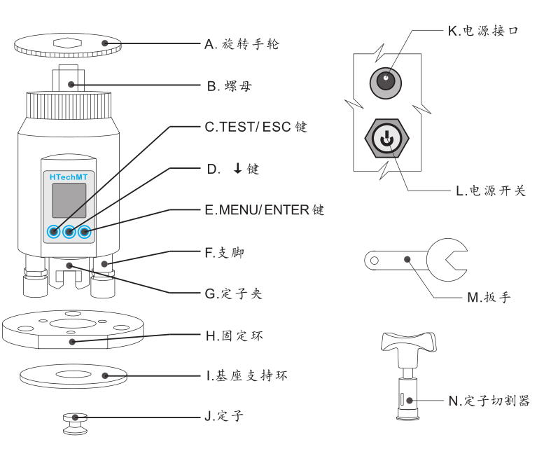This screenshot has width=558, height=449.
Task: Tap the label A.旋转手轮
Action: tap(242, 44)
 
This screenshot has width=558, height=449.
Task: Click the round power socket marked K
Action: tap(385, 82)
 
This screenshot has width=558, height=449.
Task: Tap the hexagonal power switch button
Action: tap(384, 138)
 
